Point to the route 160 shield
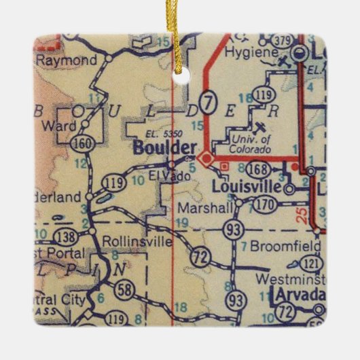(79, 142)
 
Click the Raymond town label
(66, 60)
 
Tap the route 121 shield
(311, 263)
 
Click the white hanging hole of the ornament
(181, 77)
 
